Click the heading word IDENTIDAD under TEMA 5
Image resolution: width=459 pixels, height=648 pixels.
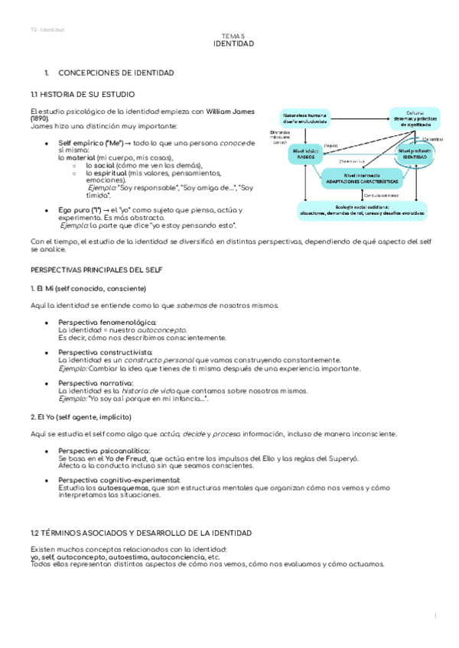point(233,44)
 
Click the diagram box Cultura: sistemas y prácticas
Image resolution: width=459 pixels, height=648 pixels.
point(417,118)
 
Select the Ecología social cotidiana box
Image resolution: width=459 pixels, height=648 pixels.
point(361,209)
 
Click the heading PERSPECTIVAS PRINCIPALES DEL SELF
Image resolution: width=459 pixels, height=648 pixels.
point(95,271)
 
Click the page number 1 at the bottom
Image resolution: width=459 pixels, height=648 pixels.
point(434,615)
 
